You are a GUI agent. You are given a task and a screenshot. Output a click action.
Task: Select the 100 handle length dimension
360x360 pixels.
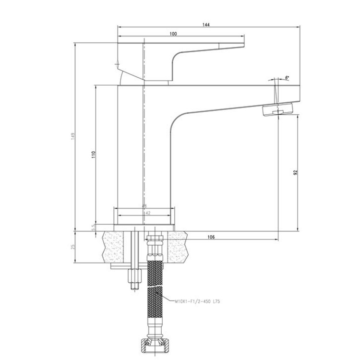click(173, 33)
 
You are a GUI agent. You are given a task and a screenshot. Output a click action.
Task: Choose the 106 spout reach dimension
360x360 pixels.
click(211, 237)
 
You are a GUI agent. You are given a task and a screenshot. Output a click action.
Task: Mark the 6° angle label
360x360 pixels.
click(287, 77)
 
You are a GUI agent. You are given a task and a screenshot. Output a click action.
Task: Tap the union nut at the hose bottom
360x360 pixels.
click(155, 344)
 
